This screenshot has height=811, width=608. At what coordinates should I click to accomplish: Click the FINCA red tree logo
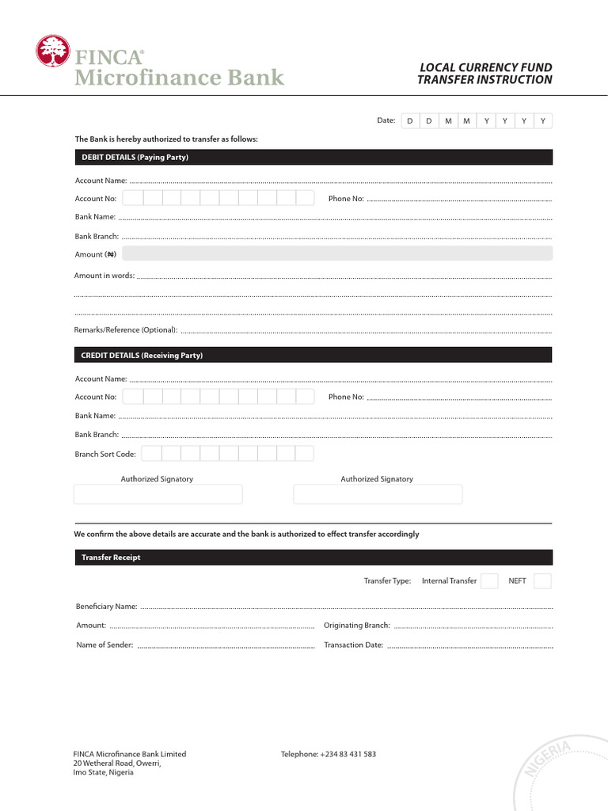tap(52, 51)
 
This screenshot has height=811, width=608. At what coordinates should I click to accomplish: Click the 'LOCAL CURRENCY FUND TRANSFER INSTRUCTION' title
tap(484, 74)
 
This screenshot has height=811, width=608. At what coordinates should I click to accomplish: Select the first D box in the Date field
tap(409, 121)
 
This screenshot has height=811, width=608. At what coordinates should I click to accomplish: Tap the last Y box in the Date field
tap(543, 121)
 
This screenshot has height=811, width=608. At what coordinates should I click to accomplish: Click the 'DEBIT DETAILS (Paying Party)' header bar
tap(313, 158)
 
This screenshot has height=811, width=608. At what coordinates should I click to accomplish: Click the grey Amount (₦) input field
tap(337, 253)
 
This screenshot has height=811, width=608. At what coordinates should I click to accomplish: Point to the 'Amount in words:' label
tap(104, 276)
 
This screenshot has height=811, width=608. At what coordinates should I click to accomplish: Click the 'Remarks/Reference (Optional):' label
tap(126, 329)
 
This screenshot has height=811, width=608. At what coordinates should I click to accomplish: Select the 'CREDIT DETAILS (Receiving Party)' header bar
tap(313, 356)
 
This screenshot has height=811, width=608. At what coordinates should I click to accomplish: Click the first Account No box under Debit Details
tap(133, 198)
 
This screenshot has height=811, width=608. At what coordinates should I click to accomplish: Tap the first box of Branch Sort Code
tap(152, 454)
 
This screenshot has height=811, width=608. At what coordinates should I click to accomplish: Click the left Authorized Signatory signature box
tap(158, 494)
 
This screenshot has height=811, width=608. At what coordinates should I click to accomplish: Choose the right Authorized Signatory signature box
tap(378, 494)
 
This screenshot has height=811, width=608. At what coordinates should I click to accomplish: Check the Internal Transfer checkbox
tap(490, 581)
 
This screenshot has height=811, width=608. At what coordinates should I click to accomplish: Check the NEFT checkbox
tap(542, 581)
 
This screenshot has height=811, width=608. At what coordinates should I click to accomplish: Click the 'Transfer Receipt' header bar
tap(313, 558)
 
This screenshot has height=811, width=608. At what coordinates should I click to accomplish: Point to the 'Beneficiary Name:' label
tap(107, 607)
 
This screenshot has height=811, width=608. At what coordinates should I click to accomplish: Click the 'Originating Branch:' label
tap(357, 626)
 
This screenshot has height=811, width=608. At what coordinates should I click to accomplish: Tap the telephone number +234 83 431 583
tap(348, 754)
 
